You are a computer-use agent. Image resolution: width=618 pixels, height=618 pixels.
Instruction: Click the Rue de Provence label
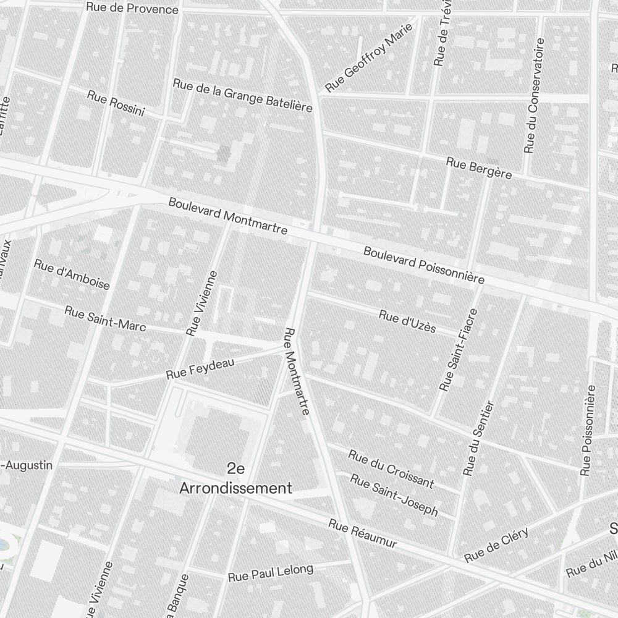coord(132,9)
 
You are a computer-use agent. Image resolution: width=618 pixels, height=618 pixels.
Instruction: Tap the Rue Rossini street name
coord(116,103)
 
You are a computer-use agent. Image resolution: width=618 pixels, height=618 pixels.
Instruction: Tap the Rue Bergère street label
coord(479,168)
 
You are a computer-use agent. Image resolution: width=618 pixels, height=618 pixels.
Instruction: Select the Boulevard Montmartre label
coord(227,216)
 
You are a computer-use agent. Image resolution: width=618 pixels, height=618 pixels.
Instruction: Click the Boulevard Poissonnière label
coord(424,265)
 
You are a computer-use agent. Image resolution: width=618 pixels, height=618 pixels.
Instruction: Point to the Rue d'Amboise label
coord(72,274)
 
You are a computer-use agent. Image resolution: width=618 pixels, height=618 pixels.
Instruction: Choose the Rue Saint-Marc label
coord(105,318)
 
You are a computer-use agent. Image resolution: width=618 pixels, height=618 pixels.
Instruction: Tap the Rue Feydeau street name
coord(200,369)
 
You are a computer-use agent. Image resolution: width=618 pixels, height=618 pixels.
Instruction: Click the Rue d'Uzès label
coord(407,322)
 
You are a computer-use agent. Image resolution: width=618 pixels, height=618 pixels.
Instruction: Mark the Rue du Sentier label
coord(479,438)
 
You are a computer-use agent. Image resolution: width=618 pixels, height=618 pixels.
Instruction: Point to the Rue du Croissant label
coord(391,468)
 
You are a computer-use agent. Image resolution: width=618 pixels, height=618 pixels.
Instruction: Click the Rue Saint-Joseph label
coord(395,494)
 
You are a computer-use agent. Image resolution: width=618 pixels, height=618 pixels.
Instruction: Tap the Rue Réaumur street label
coord(362,533)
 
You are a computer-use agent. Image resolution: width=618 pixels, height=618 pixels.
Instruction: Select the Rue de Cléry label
coord(496,545)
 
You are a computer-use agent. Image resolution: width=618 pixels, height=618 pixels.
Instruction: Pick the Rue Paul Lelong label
coord(271,573)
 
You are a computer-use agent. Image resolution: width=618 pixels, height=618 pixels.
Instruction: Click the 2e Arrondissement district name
coord(235,478)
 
